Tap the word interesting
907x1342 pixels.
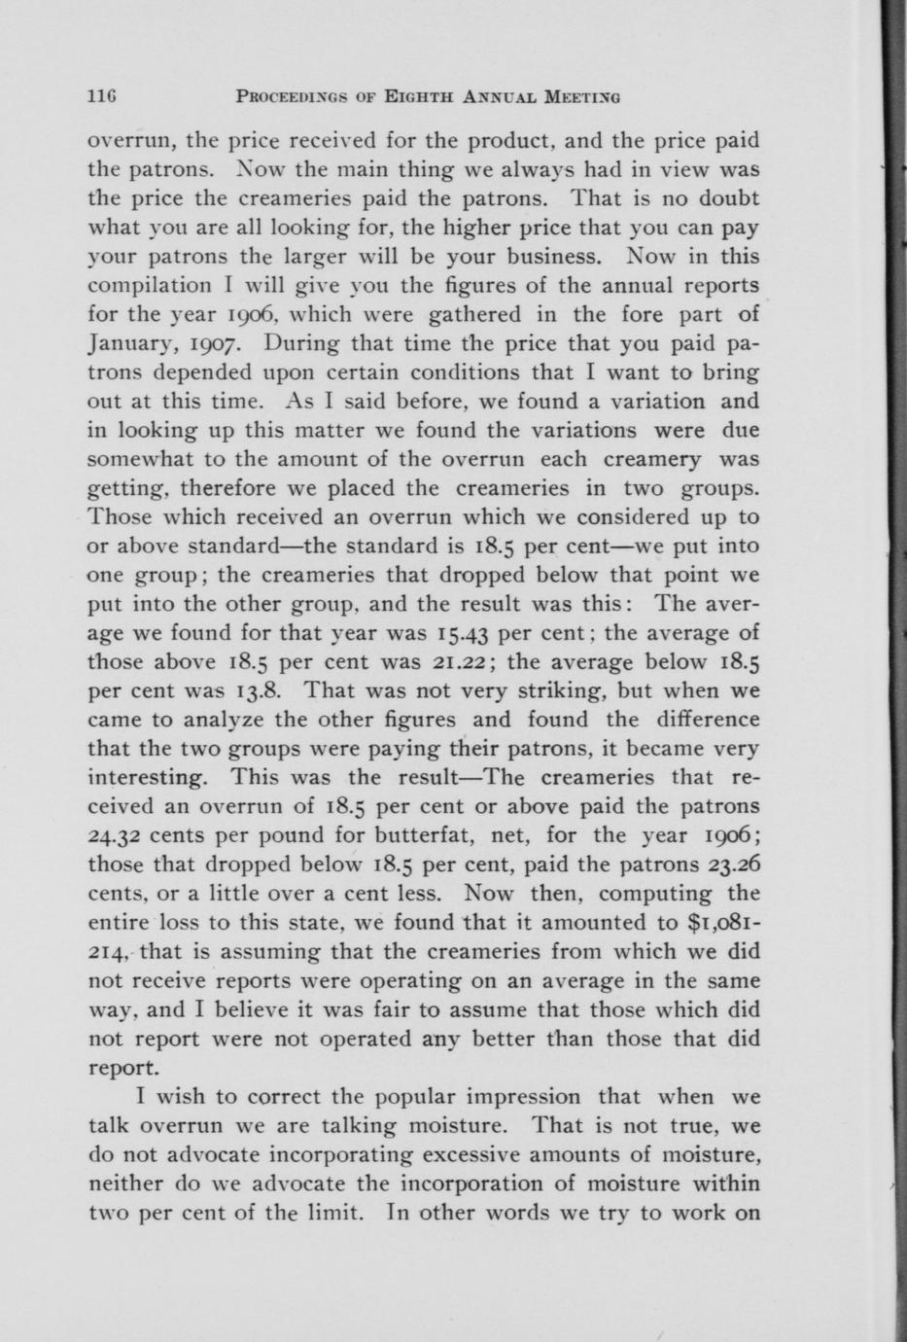(x=148, y=778)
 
